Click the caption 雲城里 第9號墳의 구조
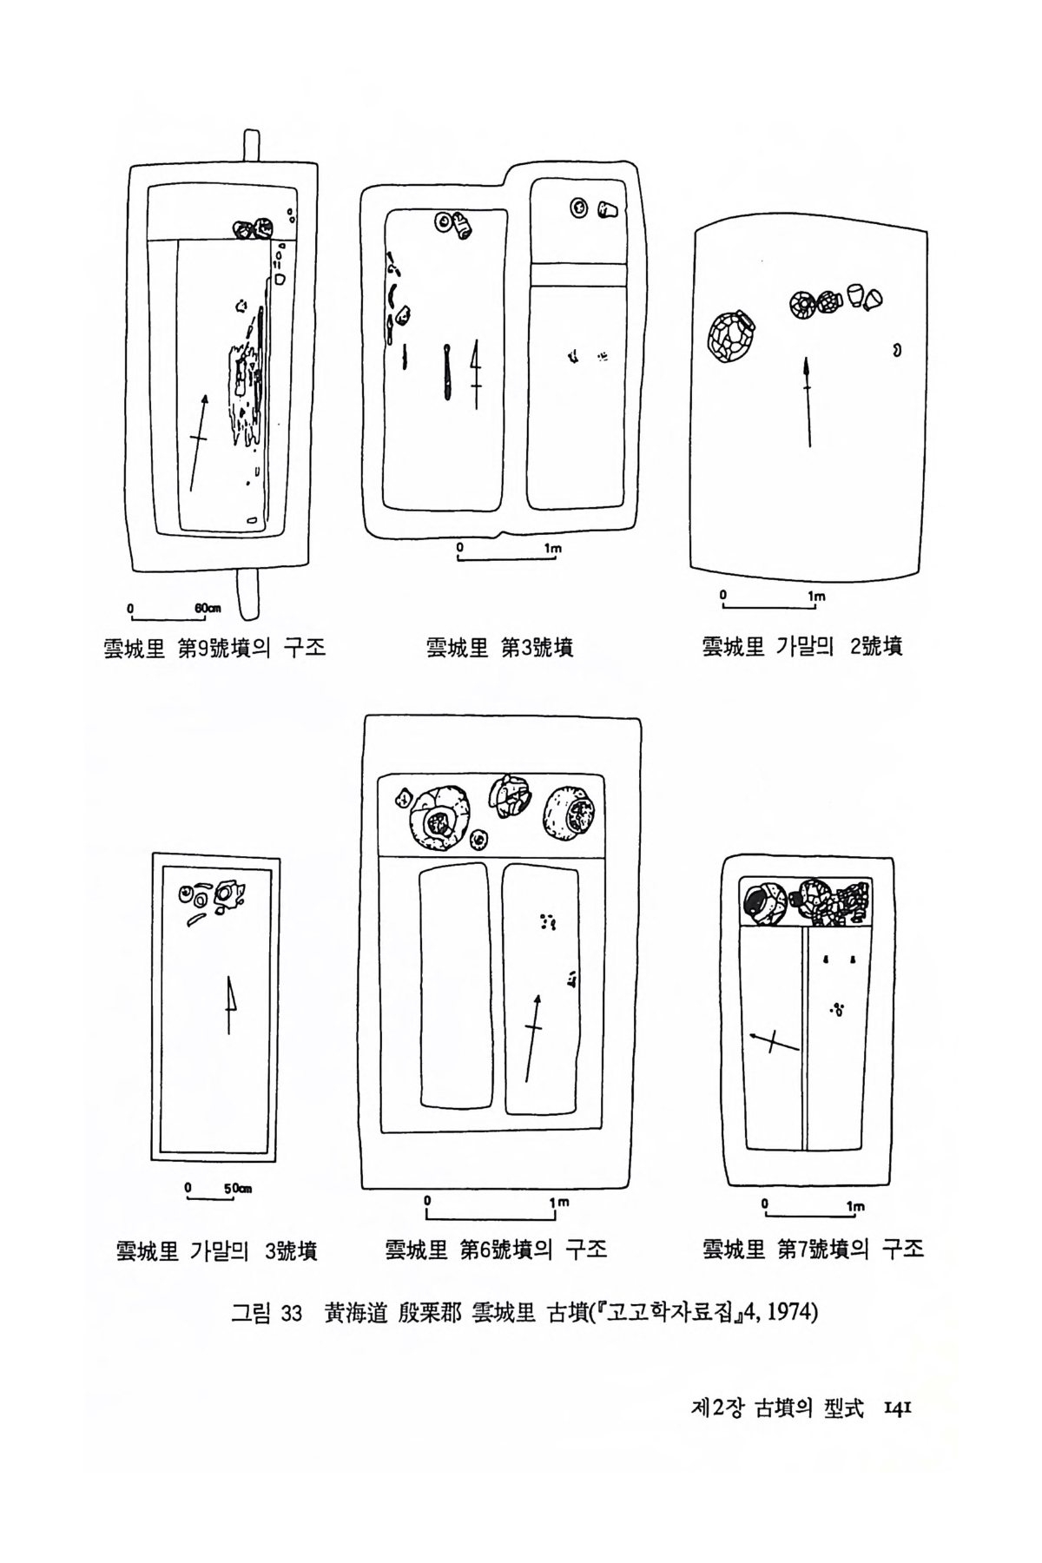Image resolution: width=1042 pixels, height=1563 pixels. click(214, 648)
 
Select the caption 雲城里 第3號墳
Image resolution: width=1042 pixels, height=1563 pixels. click(499, 648)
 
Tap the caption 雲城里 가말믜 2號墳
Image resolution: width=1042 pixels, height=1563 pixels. click(801, 647)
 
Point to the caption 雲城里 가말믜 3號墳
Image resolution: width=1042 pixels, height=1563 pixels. click(216, 1250)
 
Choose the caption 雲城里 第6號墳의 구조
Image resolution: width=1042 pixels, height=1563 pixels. click(496, 1250)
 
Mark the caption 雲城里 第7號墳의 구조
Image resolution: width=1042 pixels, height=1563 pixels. click(813, 1250)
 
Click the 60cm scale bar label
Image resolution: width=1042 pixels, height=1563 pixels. click(207, 608)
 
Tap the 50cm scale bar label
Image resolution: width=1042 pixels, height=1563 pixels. click(238, 1189)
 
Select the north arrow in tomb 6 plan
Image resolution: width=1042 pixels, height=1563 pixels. click(532, 1038)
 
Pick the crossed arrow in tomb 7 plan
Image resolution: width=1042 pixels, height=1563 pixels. click(774, 1041)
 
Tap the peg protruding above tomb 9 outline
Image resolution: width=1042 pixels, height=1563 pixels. click(251, 147)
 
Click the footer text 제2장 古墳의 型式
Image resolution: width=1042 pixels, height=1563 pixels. click(777, 1409)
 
